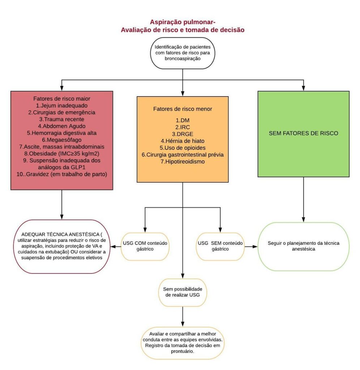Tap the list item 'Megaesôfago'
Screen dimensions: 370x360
point(61,139)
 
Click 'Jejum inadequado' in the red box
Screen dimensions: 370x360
point(61,105)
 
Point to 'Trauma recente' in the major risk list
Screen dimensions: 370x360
point(61,119)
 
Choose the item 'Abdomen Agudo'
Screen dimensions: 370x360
point(61,126)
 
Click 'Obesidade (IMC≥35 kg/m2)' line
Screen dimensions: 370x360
point(61,153)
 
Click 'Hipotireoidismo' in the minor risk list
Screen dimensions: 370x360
point(183,162)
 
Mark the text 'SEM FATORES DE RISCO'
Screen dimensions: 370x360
point(303,133)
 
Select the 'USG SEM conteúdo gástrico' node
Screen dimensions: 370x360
point(220,246)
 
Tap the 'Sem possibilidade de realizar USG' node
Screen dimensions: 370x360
point(183,293)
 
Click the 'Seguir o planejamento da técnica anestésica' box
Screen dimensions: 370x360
point(304,246)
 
